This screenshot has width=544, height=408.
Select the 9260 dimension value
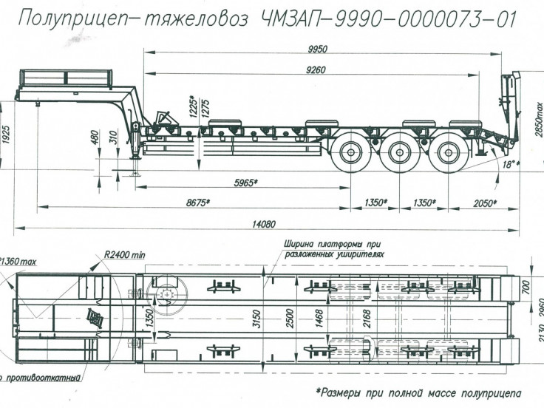[x=315, y=70]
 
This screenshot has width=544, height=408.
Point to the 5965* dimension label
[x=246, y=181]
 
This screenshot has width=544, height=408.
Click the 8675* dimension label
[x=196, y=202]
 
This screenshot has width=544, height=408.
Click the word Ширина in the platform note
[x=299, y=242]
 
